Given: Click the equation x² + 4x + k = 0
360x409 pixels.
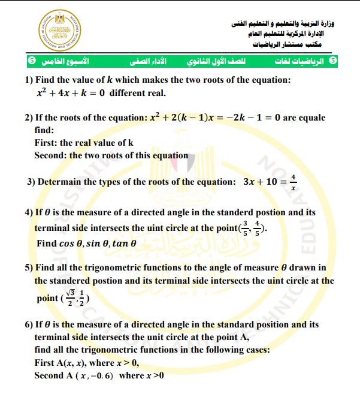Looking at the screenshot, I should click(x=71, y=93).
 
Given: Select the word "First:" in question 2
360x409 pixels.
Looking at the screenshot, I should click(x=46, y=143).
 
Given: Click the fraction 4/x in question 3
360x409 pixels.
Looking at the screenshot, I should click(x=293, y=182).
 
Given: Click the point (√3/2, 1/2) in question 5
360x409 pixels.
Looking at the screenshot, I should click(x=77, y=296).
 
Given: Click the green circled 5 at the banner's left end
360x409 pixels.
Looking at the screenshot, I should click(x=31, y=62).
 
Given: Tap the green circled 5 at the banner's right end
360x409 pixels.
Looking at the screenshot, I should click(x=333, y=62).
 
